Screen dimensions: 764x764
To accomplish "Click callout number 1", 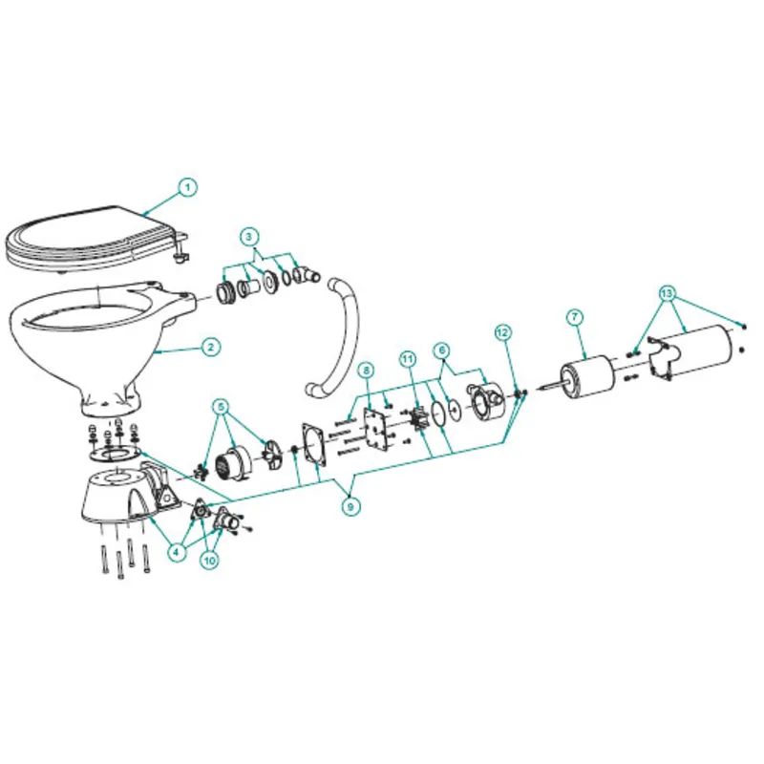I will pos(188,187).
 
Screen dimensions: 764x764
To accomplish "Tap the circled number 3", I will pos(249,236).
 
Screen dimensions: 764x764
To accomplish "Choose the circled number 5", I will pos(222,405).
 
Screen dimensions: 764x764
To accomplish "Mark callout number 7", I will pos(574,315).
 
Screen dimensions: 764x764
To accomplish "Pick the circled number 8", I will pos(365,370).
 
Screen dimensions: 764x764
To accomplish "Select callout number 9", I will pos(351,507).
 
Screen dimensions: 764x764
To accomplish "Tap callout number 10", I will pos(210,561).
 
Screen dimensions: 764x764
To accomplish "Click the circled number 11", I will pos(408,359).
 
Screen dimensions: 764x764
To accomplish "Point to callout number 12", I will pos(503,331).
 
